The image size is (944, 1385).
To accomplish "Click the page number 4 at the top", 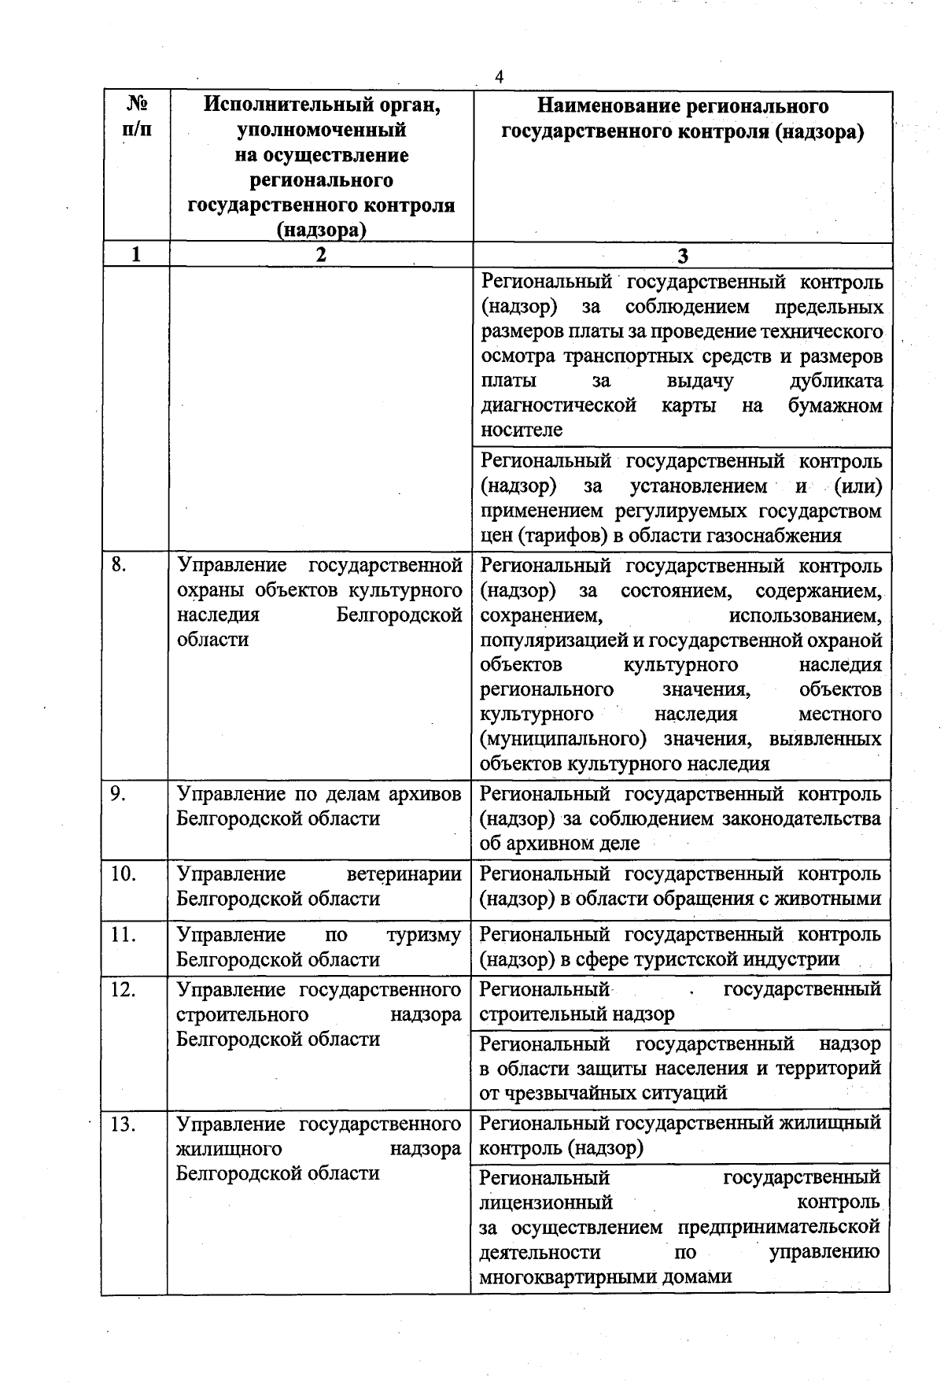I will [499, 76].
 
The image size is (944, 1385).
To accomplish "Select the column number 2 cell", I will [320, 254].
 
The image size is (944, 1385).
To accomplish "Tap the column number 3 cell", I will [682, 256].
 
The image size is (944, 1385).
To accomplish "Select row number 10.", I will [123, 873].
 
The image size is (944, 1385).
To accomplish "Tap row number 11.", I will [123, 934].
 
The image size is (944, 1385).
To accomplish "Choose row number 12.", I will [123, 989].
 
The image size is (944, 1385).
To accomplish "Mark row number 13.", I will [123, 1124].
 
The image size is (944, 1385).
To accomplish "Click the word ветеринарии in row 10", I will [404, 873].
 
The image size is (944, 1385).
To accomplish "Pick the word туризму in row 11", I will [424, 935].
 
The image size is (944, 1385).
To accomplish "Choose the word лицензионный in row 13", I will [546, 1202].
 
